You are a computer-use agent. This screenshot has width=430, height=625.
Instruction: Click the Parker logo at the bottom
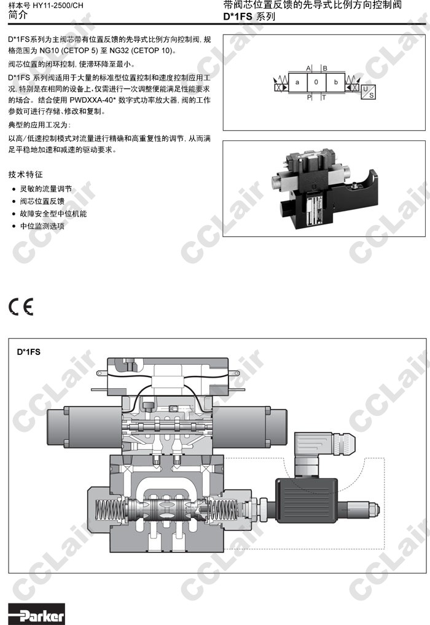tap(36, 614)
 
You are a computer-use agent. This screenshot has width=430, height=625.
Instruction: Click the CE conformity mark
tap(21, 306)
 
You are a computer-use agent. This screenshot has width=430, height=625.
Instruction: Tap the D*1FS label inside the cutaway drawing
tap(29, 352)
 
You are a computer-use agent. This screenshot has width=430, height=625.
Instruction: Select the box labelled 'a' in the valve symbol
tap(298, 82)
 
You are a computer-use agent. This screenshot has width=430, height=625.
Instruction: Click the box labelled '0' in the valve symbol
tap(316, 82)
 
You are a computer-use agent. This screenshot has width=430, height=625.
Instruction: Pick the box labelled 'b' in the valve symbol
tap(335, 82)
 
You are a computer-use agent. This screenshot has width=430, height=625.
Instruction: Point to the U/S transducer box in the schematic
tap(369, 92)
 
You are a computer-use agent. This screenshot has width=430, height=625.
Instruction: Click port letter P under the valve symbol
tap(309, 97)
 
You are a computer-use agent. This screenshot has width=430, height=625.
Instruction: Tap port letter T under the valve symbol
tap(324, 97)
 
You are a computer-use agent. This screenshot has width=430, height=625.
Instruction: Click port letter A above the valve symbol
tap(308, 68)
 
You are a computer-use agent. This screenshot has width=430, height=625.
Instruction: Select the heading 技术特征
tap(25, 174)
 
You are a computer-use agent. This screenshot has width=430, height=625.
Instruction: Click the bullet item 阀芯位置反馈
tap(42, 201)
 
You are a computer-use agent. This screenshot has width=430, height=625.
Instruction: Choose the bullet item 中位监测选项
tap(42, 226)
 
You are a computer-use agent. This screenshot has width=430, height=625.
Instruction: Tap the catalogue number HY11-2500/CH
tap(58, 6)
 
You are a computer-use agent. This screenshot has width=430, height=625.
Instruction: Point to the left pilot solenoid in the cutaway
tap(84, 428)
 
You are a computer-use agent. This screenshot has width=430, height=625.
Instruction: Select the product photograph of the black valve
tap(324, 188)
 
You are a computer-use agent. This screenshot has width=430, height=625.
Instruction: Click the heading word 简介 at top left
tap(18, 15)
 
